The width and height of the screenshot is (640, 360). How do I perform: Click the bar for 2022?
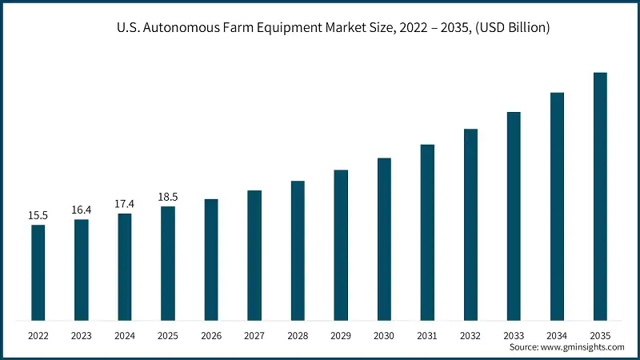38,272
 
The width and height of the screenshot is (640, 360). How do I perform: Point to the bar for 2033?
514,216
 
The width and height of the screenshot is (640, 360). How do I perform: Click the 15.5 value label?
38,215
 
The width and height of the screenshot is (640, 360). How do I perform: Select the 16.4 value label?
81,210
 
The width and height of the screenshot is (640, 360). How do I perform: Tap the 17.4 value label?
125,204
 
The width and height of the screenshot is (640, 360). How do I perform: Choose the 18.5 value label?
168,197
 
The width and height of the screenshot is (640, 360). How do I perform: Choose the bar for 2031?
427,232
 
